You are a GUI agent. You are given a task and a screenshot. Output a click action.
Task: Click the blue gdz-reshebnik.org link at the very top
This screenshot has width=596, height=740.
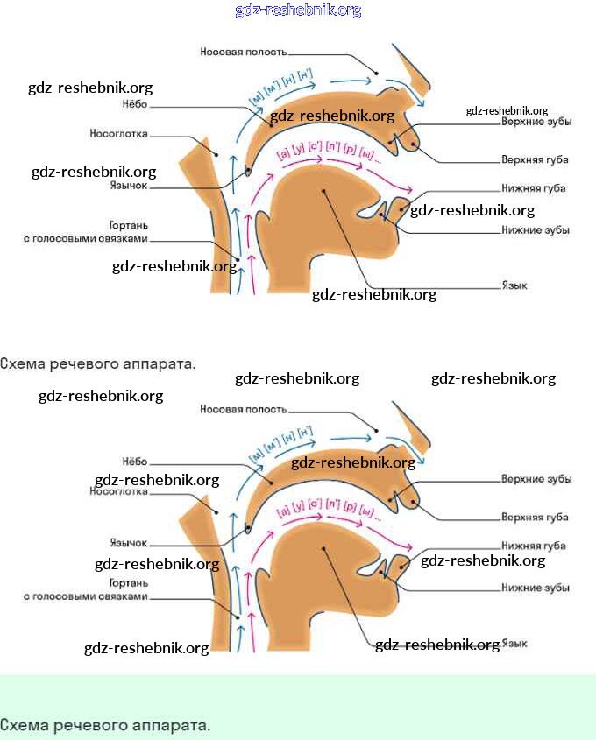[x=298, y=11]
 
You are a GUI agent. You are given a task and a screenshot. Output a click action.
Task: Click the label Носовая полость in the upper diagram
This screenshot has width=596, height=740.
[x=243, y=52]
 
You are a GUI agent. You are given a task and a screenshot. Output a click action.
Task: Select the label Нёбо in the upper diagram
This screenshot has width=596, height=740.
[x=133, y=104]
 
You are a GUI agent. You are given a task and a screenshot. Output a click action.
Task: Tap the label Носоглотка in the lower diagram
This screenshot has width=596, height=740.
[x=117, y=492]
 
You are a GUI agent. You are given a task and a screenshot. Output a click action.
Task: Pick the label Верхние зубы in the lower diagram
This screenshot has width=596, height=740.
[x=536, y=480]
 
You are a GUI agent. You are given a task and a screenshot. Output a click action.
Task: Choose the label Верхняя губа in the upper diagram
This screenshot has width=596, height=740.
[x=535, y=160]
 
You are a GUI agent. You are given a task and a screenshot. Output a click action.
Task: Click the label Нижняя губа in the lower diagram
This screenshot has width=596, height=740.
[x=533, y=546]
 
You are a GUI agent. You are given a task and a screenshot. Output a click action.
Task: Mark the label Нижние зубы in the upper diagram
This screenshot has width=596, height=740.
[x=536, y=230]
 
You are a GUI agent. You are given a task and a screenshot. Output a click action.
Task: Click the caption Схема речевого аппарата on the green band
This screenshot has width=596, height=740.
[x=105, y=725]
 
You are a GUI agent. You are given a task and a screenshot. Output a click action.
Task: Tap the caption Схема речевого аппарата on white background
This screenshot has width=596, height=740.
[x=97, y=363]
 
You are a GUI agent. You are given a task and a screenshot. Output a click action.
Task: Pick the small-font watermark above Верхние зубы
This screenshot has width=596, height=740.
[x=507, y=111]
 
